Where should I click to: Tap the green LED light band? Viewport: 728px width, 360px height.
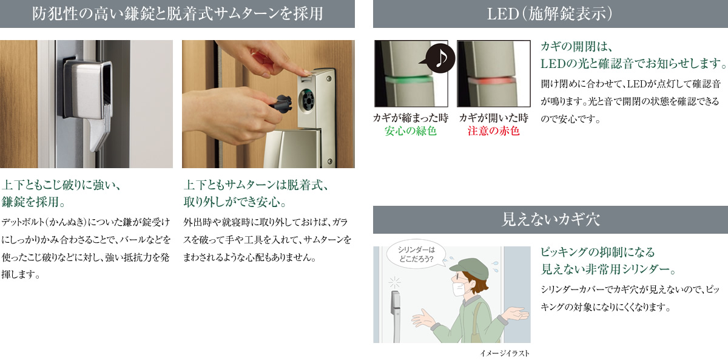[409, 80]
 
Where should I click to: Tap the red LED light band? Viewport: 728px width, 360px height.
[491, 80]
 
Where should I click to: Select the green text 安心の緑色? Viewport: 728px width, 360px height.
[411, 131]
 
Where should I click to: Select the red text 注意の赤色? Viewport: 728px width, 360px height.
[493, 131]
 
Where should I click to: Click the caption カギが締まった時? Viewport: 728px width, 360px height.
[411, 118]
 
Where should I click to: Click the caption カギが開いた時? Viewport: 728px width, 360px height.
[493, 118]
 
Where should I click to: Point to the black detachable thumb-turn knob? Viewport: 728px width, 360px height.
[281, 103]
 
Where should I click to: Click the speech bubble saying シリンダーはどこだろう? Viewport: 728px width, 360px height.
[416, 254]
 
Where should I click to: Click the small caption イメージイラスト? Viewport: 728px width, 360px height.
[505, 353]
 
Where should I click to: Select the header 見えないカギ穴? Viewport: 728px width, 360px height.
[551, 220]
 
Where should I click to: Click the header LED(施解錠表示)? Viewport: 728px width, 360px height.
[550, 14]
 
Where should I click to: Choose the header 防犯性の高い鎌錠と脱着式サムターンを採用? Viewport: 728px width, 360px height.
[177, 14]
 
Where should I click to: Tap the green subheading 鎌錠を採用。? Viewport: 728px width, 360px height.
[33, 202]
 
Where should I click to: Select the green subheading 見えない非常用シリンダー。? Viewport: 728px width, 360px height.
[608, 270]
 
